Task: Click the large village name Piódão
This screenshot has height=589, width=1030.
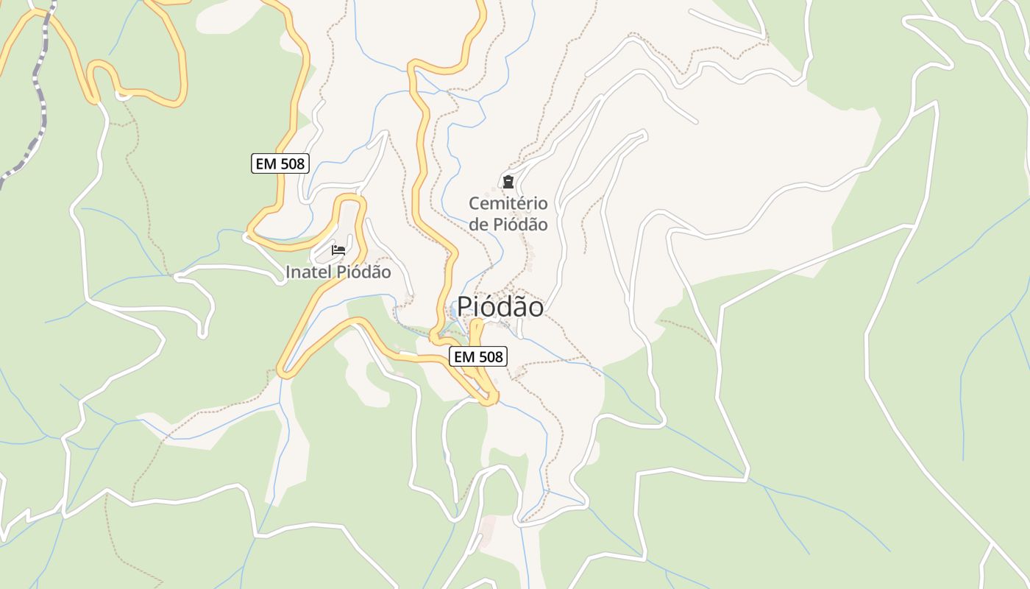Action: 500,307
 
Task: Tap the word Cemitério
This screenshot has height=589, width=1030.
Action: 508,203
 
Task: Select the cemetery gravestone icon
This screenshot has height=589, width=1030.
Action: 508,182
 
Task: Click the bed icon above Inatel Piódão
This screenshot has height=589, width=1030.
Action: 338,250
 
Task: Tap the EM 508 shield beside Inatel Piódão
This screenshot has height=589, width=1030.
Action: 280,163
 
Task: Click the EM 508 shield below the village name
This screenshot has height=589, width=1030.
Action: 478,357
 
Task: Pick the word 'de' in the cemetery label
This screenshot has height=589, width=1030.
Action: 478,225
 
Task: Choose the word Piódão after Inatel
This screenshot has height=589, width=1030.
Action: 363,272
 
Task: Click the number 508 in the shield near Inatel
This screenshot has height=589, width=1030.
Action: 292,163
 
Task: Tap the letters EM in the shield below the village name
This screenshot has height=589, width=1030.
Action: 464,357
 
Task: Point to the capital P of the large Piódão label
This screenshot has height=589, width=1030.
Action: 465,307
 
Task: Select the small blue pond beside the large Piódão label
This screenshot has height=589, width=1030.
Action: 450,326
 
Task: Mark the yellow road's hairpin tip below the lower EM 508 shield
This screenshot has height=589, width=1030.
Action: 490,400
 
